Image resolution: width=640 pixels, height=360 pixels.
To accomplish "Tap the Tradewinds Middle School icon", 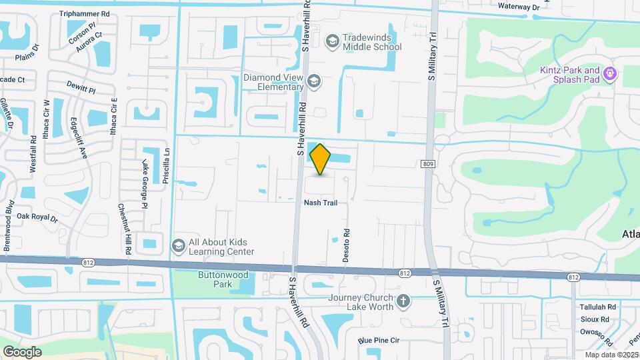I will [331, 42].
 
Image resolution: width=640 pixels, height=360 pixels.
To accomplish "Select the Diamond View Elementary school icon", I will [314, 82].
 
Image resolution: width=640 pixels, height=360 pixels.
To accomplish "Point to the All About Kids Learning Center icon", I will [178, 247].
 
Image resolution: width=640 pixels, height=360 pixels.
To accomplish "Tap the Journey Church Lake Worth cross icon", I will [403, 301].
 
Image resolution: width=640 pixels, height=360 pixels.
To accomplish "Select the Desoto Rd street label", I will [347, 246].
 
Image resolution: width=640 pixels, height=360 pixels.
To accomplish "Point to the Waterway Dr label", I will [518, 7].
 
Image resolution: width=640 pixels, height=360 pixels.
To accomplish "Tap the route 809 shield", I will [428, 163].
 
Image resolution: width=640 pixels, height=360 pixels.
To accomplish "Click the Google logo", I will [22, 351].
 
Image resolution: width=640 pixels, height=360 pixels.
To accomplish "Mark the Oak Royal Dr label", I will [37, 217].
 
